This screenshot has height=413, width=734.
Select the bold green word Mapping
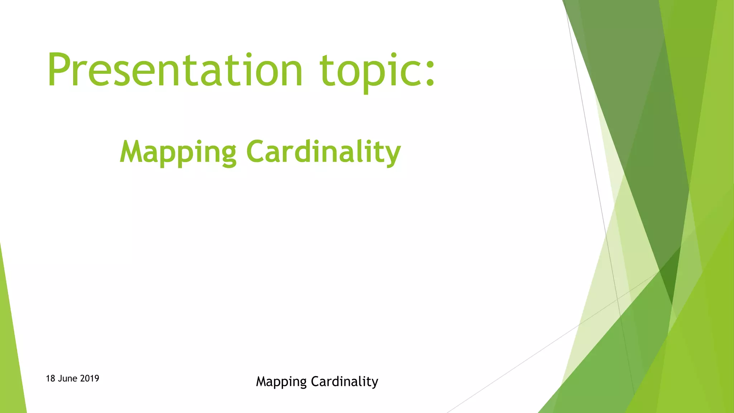click(x=178, y=152)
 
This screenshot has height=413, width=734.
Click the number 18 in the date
click(x=50, y=379)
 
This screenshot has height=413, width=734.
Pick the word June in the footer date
click(x=67, y=379)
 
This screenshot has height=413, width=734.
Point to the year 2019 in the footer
click(x=90, y=379)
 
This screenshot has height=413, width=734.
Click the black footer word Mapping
click(x=281, y=382)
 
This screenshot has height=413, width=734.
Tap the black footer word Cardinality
click(x=344, y=381)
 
